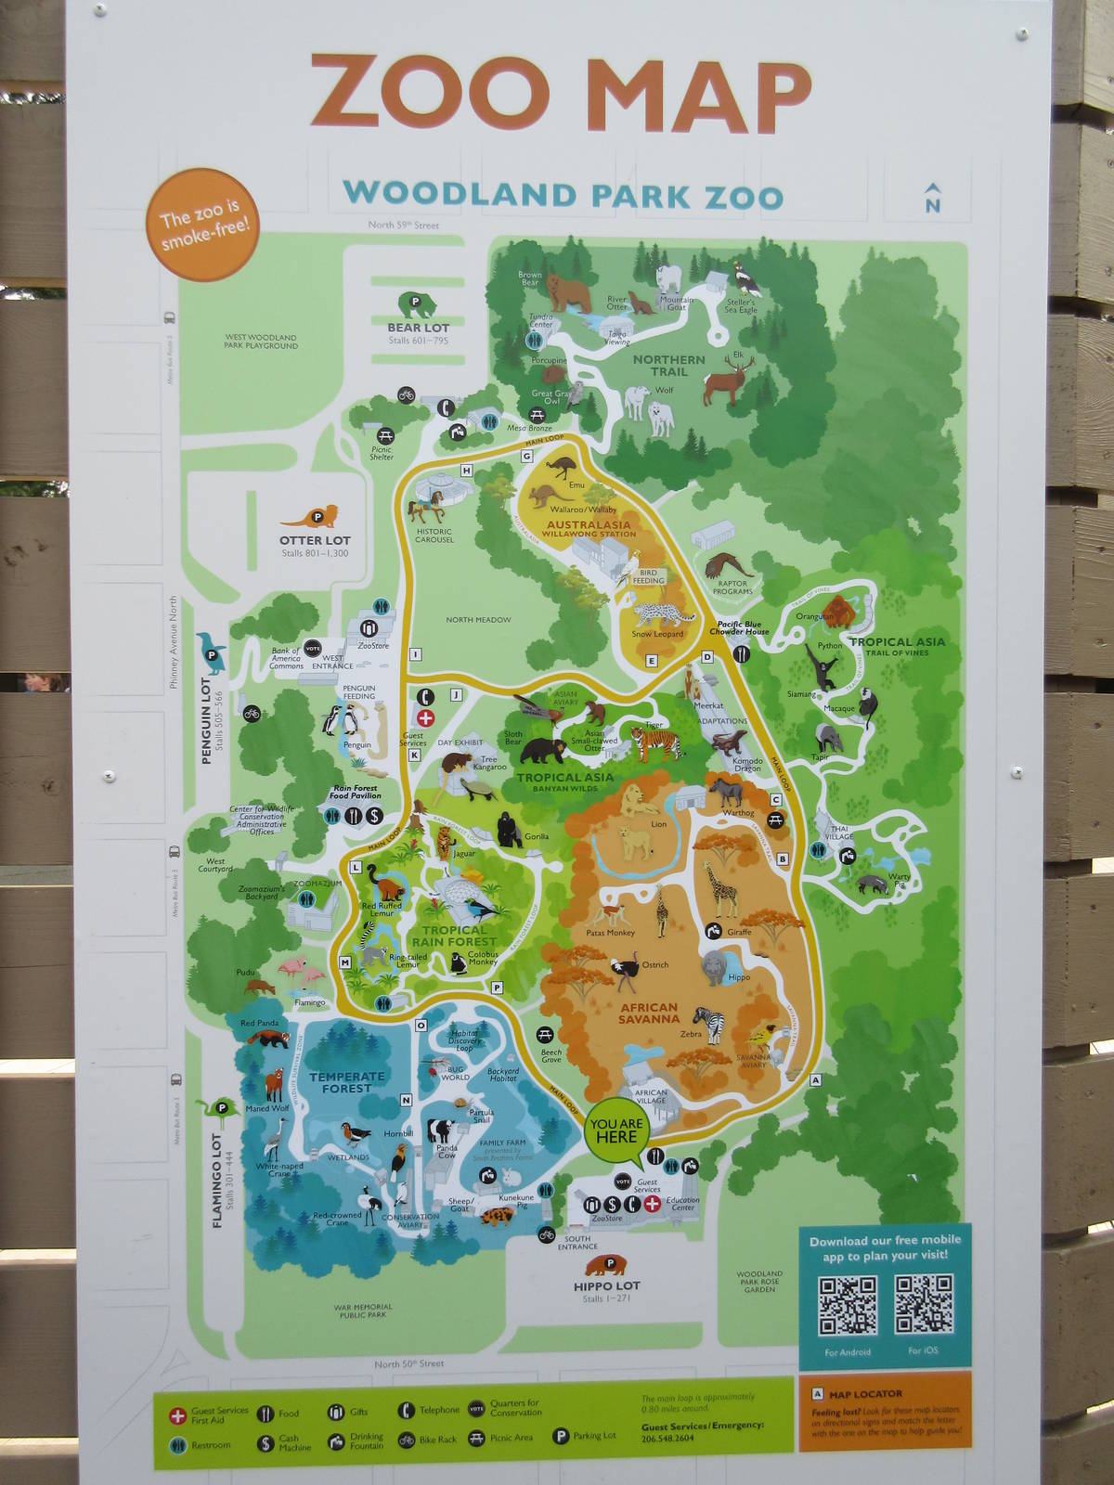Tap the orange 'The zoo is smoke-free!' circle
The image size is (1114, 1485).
[x=201, y=225]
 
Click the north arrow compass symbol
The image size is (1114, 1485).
[x=932, y=199]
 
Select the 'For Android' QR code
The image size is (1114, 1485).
[x=848, y=1305]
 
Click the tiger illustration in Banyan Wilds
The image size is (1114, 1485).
[x=655, y=743]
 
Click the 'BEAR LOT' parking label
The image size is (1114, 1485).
[x=418, y=328]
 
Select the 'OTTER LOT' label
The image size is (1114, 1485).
[x=315, y=540]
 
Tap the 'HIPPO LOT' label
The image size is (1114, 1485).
[x=606, y=1285]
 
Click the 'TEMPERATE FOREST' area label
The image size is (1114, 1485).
[x=346, y=1082]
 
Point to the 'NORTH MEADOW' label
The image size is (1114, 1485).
[x=478, y=620]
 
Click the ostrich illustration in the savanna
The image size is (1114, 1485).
[x=623, y=973]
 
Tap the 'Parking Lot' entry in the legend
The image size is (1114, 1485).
[x=585, y=1436]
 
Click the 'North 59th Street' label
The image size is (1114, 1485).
[x=403, y=226]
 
